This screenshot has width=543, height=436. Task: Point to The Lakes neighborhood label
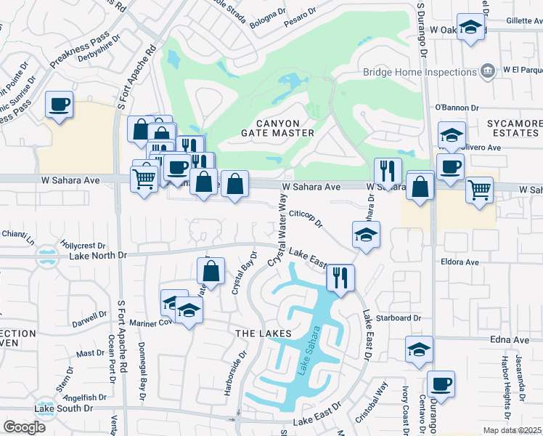(x=263, y=333)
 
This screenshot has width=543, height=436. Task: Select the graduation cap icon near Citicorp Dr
(x=366, y=235)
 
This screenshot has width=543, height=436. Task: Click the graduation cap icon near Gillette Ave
(x=471, y=28)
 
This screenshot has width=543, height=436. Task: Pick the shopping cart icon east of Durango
(x=479, y=190)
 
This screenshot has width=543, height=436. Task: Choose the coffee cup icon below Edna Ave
(x=440, y=383)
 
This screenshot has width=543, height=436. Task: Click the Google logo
(x=24, y=427)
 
